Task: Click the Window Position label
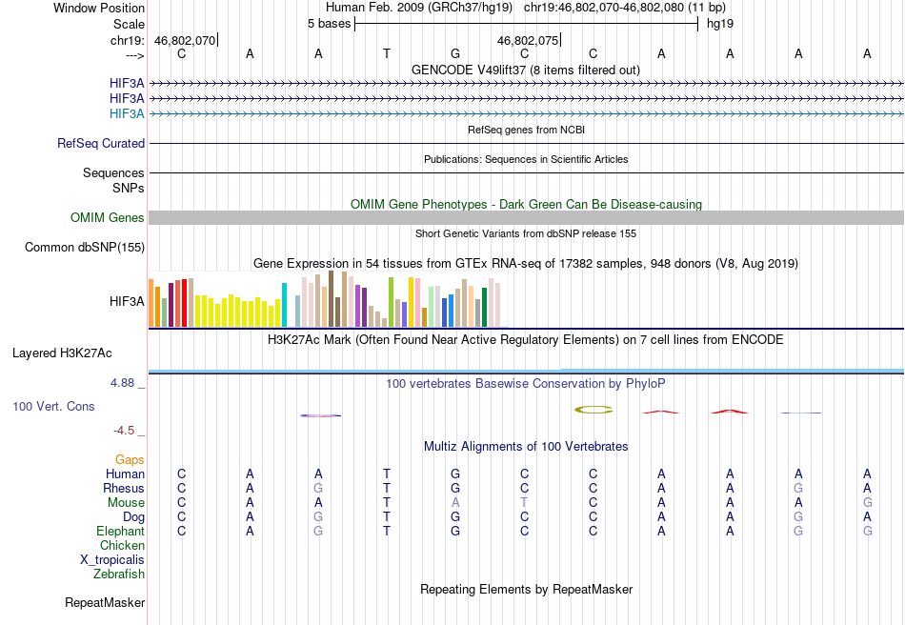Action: tap(99, 8)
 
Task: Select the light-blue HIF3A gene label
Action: tap(127, 113)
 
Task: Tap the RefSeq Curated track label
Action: tap(101, 143)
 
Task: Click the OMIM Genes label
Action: tap(108, 217)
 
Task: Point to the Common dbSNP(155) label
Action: tap(85, 247)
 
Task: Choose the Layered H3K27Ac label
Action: tap(62, 353)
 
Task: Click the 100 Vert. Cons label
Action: tap(53, 406)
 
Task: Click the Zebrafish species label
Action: tap(119, 574)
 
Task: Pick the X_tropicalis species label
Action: tap(112, 560)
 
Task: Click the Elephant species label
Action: tap(121, 531)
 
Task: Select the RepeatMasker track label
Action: tap(105, 602)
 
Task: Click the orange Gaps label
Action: tap(130, 459)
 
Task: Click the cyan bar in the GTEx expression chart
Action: tap(284, 305)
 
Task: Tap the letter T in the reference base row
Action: tap(387, 53)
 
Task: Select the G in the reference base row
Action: tap(455, 53)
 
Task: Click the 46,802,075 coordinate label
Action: tap(528, 40)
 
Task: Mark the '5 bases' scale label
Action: tap(329, 24)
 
